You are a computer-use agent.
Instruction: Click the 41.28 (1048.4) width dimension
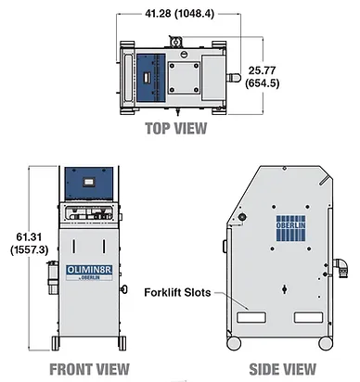click(x=179, y=14)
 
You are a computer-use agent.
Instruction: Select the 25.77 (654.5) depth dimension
click(x=262, y=77)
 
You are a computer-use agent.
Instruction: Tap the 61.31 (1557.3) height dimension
click(x=29, y=244)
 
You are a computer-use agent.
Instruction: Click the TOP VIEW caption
click(x=176, y=128)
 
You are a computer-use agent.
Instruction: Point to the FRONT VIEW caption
click(x=89, y=369)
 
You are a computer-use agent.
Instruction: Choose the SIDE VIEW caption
click(x=283, y=369)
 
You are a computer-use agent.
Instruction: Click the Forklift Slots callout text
click(x=177, y=292)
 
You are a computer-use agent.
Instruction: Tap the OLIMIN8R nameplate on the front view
click(x=89, y=273)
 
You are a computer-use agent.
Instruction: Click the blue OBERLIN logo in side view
click(x=290, y=228)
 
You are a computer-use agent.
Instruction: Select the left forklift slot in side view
click(x=251, y=317)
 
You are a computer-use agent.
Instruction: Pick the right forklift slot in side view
click(x=308, y=317)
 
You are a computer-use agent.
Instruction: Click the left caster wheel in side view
click(x=234, y=343)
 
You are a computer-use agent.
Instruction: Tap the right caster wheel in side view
click(x=326, y=343)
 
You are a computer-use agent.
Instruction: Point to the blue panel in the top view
click(x=150, y=78)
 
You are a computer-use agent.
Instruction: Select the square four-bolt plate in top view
click(x=184, y=78)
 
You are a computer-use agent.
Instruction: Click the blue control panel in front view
click(x=89, y=184)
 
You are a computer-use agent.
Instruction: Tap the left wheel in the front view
click(x=56, y=343)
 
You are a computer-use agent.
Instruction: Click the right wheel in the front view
click(x=122, y=343)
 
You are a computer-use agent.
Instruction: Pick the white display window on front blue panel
click(x=89, y=182)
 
